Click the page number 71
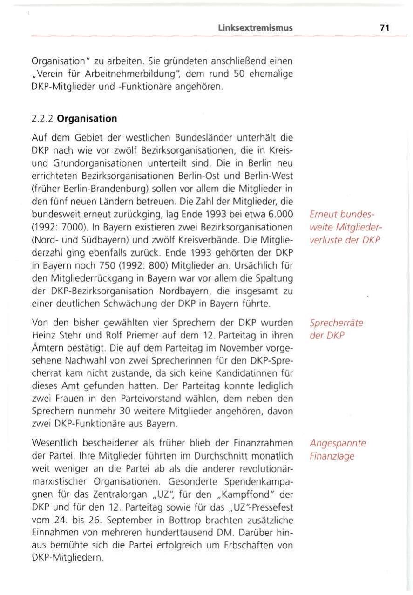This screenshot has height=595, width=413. (384, 28)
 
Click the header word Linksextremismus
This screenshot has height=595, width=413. (255, 28)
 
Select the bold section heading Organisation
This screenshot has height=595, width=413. (87, 118)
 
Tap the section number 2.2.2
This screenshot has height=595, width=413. (42, 118)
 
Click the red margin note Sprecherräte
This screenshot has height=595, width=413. (336, 324)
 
